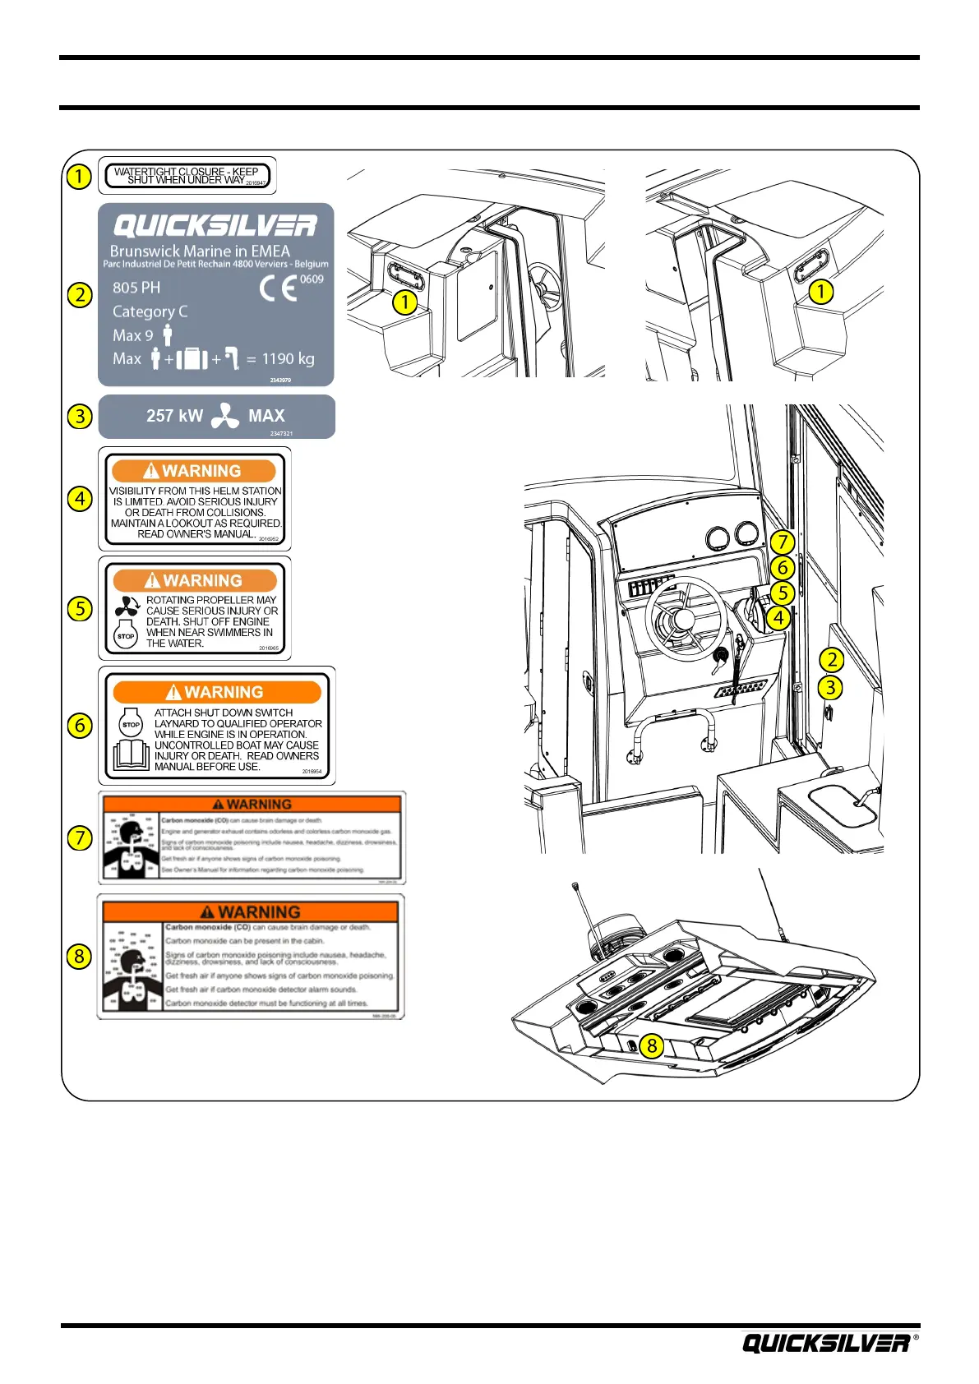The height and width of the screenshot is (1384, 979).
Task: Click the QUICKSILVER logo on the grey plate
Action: point(215,226)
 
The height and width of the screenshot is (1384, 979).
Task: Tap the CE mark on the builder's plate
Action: point(279,289)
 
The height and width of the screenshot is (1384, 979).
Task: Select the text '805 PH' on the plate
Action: point(136,288)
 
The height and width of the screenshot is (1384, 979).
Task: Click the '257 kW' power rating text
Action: point(174,416)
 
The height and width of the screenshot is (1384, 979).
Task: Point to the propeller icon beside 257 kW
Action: point(224,417)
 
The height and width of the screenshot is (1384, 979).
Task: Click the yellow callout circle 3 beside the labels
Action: point(79,416)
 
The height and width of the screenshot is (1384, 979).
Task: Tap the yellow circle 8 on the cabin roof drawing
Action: point(652,1045)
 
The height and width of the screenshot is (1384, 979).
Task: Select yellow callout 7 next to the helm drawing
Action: point(782,542)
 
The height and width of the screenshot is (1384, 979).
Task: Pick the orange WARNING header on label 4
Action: point(194,471)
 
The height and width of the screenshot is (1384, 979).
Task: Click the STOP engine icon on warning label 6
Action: point(132,722)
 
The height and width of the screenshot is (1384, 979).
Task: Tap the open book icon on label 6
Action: point(132,754)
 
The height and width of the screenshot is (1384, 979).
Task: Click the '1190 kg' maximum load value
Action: point(288,359)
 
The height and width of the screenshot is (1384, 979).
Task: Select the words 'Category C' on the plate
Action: point(150,311)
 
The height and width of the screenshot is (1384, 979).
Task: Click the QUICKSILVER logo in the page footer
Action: point(826,1343)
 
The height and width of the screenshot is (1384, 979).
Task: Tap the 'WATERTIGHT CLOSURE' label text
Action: point(187,176)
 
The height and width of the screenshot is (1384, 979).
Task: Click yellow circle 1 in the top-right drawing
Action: point(820,291)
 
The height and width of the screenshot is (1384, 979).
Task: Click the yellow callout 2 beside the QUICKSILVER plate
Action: point(79,294)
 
